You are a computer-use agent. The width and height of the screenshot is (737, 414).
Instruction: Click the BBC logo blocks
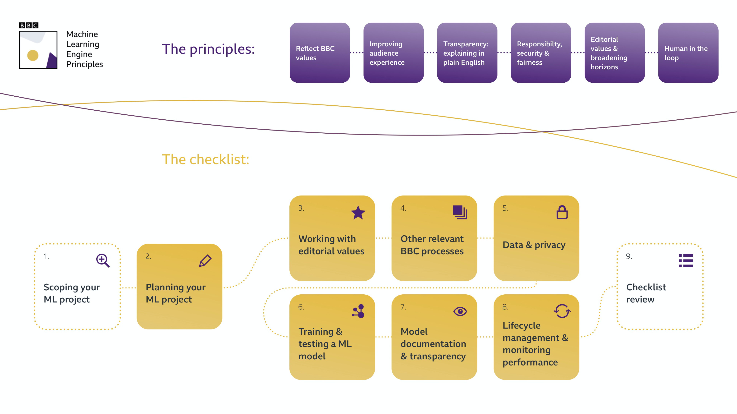click(29, 25)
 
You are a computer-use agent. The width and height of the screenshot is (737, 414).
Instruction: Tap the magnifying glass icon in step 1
click(103, 260)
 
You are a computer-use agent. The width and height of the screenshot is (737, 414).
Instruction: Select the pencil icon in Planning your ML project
click(205, 261)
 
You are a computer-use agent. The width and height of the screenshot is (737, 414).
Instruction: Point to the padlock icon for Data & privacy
click(562, 212)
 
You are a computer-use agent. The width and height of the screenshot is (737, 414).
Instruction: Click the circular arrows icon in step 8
click(562, 311)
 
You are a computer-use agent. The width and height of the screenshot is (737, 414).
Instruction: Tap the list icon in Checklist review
click(686, 261)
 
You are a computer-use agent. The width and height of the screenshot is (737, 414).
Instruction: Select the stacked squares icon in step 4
click(460, 212)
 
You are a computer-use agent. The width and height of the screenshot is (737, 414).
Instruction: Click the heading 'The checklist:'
click(205, 159)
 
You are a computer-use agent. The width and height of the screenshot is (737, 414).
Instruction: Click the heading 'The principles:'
click(208, 49)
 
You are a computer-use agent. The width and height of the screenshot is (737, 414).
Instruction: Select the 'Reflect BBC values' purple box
click(320, 53)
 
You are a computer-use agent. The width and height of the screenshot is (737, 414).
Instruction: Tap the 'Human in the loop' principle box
click(688, 53)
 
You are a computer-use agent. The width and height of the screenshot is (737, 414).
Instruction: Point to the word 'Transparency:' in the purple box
click(465, 44)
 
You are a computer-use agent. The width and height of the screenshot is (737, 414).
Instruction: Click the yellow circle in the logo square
click(33, 55)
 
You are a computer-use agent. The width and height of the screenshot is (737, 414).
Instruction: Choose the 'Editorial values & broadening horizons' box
click(614, 53)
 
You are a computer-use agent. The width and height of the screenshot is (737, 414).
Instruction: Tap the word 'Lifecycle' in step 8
click(521, 325)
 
